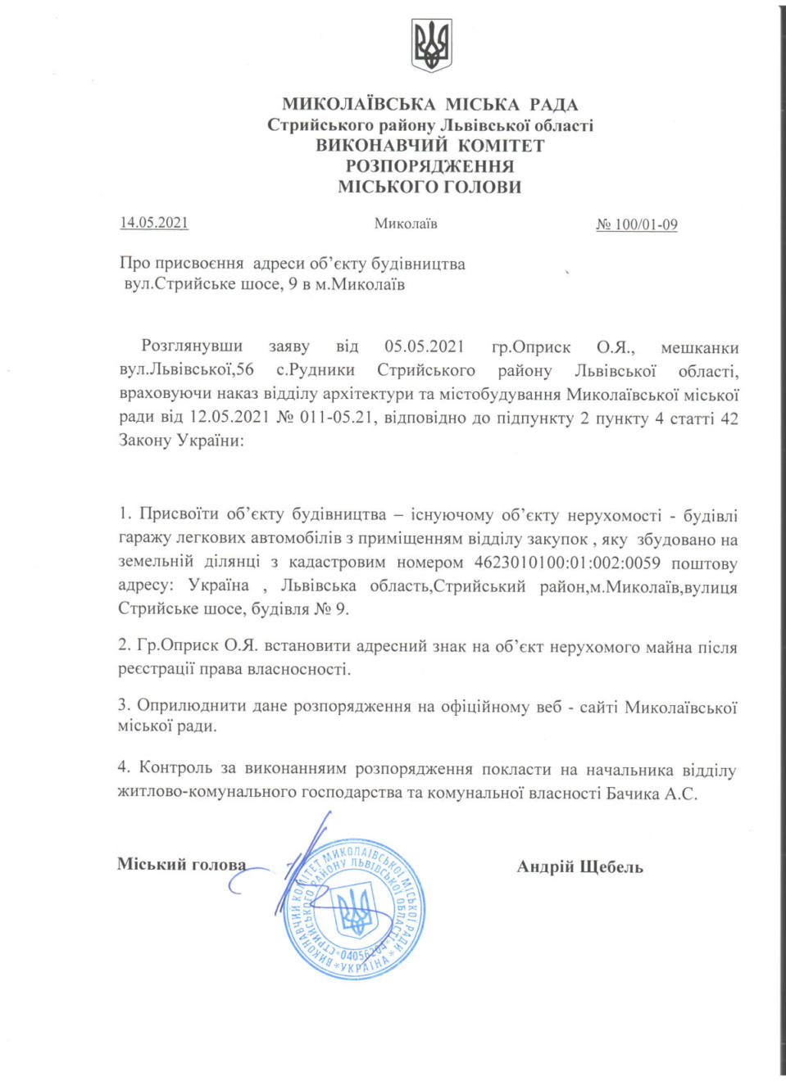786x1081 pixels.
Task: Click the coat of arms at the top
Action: (431, 46)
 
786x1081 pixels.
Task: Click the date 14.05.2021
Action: (154, 223)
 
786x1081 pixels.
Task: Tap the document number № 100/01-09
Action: (637, 224)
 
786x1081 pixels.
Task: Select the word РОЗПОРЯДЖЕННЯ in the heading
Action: (430, 166)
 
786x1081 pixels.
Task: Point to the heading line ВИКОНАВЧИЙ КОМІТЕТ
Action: (430, 146)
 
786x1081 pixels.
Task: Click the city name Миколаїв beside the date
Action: (406, 224)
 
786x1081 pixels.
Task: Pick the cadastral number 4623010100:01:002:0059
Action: (567, 563)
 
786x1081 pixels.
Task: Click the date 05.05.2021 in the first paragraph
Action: (425, 347)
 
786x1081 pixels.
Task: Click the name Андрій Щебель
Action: (579, 866)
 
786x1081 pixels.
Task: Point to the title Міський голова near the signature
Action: (181, 865)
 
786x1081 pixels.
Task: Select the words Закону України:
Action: (181, 441)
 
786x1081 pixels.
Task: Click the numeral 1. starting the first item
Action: (125, 514)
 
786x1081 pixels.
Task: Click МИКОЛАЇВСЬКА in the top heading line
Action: (359, 105)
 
